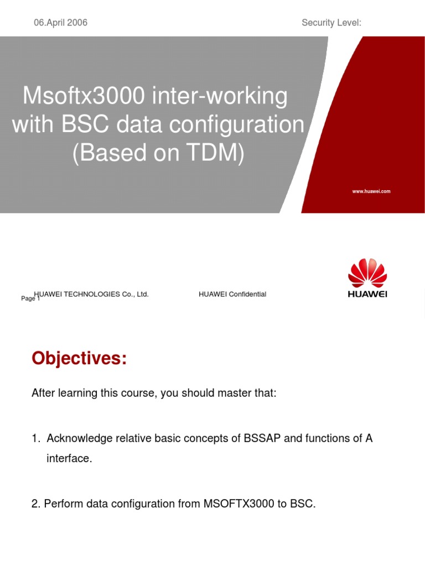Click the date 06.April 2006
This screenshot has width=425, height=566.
pyautogui.click(x=60, y=23)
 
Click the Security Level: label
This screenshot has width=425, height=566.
pyautogui.click(x=331, y=23)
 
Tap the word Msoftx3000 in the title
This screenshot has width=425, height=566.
pyautogui.click(x=82, y=97)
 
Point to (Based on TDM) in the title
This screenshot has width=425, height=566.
pyautogui.click(x=158, y=154)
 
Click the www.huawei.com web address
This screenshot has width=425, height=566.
pyautogui.click(x=371, y=191)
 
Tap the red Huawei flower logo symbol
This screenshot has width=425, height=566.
pyautogui.click(x=367, y=273)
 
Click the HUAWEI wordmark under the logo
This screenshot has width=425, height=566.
pyautogui.click(x=367, y=295)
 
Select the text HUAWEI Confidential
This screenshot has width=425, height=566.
pyautogui.click(x=232, y=294)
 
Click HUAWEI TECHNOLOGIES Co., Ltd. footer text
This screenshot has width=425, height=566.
pyautogui.click(x=92, y=294)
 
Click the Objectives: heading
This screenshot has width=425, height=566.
pyautogui.click(x=79, y=359)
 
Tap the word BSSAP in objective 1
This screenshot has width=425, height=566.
pyautogui.click(x=260, y=439)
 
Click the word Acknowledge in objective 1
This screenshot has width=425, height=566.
pyautogui.click(x=79, y=439)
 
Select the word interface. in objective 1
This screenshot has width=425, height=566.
pyautogui.click(x=69, y=459)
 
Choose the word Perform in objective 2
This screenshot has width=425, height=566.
pyautogui.click(x=62, y=504)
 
